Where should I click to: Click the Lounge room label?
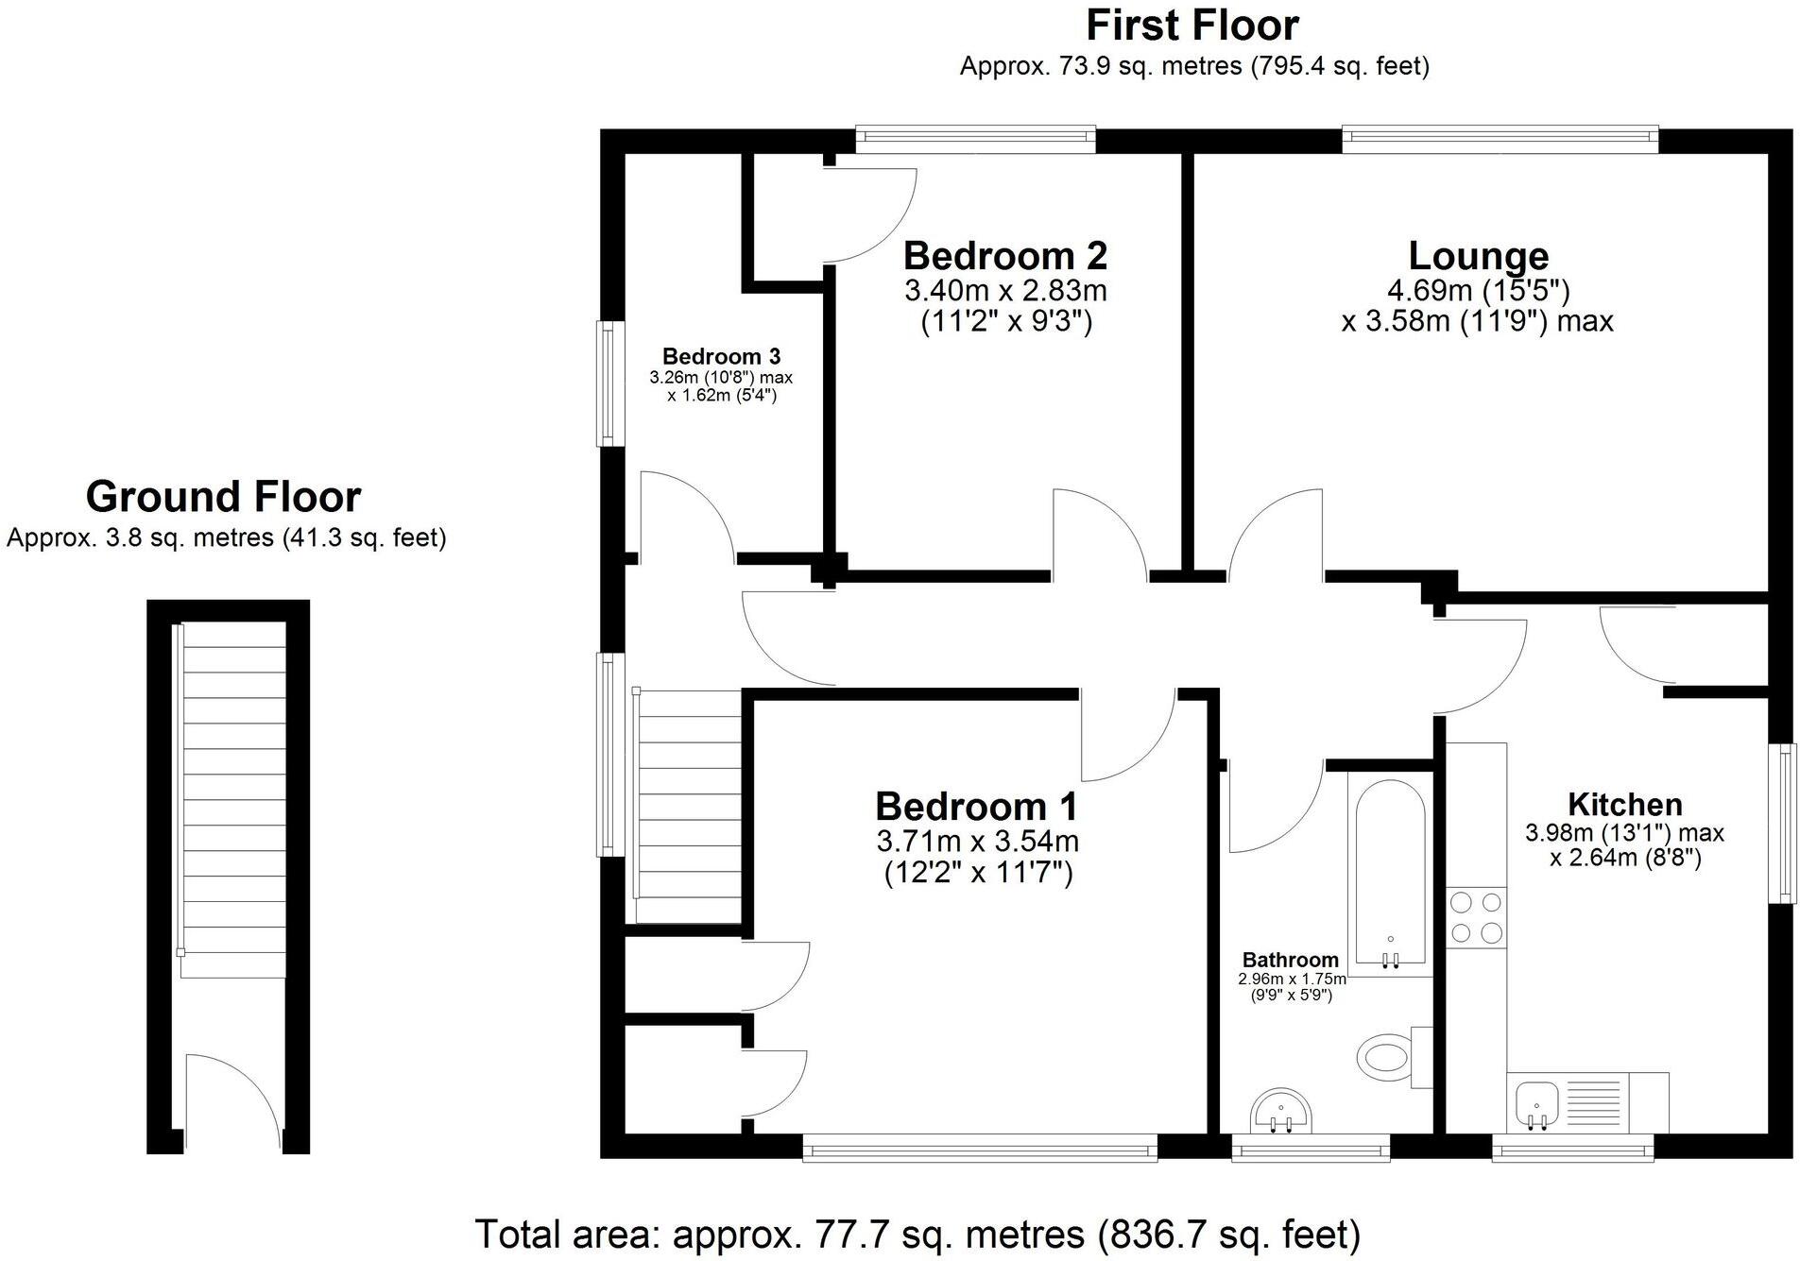pyautogui.click(x=1478, y=256)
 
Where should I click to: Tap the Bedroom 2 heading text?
pyautogui.click(x=1005, y=256)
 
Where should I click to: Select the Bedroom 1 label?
pyautogui.click(x=977, y=807)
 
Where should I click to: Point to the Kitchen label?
pyautogui.click(x=1624, y=805)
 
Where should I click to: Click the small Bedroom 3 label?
pyautogui.click(x=721, y=356)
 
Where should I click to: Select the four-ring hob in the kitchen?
pyautogui.click(x=1476, y=917)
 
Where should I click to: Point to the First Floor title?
pyautogui.click(x=1192, y=26)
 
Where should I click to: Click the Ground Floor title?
pyautogui.click(x=223, y=497)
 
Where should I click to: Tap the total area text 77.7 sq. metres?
pyautogui.click(x=917, y=1235)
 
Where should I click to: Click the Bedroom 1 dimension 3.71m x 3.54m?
pyautogui.click(x=977, y=841)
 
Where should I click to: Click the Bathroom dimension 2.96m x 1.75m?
pyautogui.click(x=1291, y=980)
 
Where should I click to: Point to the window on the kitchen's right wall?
pyautogui.click(x=1782, y=823)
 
